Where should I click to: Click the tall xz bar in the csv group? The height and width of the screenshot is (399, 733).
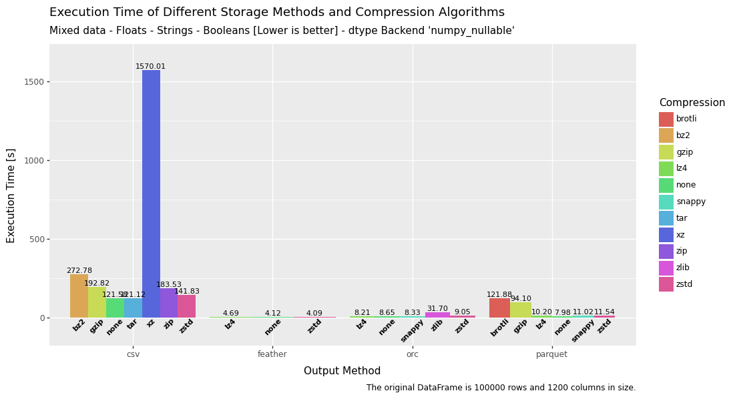[x=151, y=193]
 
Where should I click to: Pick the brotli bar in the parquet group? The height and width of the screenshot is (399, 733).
[x=499, y=308]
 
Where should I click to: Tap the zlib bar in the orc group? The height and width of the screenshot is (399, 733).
[x=437, y=315]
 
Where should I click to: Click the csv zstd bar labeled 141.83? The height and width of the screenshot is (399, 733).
[x=186, y=306]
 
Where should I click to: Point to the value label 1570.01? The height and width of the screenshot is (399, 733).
[x=151, y=67]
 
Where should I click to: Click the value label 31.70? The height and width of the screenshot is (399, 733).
[x=437, y=309]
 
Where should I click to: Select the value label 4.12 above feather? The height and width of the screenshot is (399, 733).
[x=272, y=314]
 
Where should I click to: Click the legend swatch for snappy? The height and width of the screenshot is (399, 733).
[x=666, y=202]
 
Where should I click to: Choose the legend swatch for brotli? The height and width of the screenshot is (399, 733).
[x=666, y=119]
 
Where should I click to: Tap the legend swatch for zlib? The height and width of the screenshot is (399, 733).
[x=666, y=268]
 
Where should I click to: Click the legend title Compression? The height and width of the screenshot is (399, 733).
[x=692, y=103]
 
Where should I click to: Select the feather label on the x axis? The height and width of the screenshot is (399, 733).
[x=272, y=354]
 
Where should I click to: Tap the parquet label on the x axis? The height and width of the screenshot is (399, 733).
[x=551, y=354]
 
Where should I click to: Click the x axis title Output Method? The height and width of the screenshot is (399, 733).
[x=342, y=371]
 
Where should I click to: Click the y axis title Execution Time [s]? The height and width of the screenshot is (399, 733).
[x=11, y=195]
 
